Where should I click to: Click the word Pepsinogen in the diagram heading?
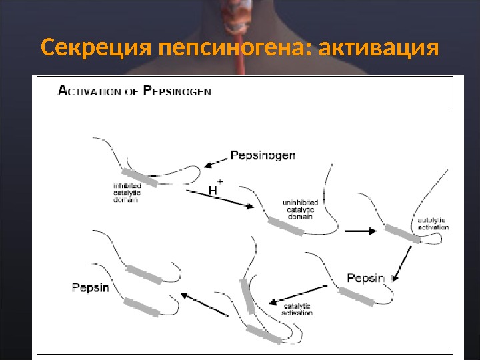pyautogui.click(x=177, y=92)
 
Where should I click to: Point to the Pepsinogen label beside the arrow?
pyautogui.click(x=263, y=155)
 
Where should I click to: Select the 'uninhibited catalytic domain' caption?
pyautogui.click(x=300, y=209)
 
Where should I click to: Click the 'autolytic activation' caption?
pyautogui.click(x=433, y=223)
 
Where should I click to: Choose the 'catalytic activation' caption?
pyautogui.click(x=297, y=309)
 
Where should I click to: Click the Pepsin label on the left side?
pyautogui.click(x=90, y=288)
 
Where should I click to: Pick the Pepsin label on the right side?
pyautogui.click(x=366, y=277)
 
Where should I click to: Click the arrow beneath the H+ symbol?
pyautogui.click(x=219, y=199)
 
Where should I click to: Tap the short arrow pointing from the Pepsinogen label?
pyautogui.click(x=216, y=161)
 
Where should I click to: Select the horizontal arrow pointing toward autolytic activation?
pyautogui.click(x=362, y=231)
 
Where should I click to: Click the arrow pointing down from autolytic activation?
pyautogui.click(x=401, y=263)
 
